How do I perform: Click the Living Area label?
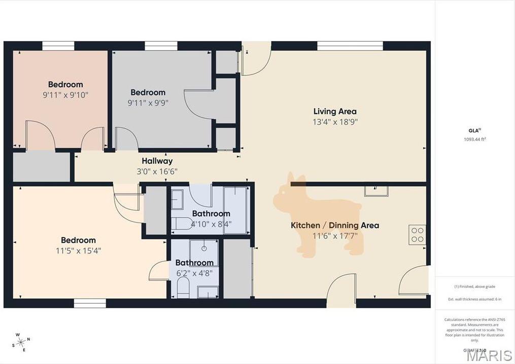pos(335,112)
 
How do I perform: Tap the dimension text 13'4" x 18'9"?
pos(335,122)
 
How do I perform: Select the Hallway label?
pos(157,161)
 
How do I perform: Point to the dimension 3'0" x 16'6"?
pos(157,171)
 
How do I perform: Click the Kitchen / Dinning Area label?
pos(335,225)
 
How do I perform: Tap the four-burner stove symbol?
pos(417,234)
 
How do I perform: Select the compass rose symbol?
pos(21,342)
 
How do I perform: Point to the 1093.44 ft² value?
pos(474,139)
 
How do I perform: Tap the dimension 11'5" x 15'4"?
pos(78,250)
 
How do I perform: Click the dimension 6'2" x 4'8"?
pos(194,273)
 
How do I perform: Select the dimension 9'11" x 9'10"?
pos(65,94)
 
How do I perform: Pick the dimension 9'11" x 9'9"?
pos(148,102)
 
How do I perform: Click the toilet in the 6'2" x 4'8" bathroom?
pos(183,289)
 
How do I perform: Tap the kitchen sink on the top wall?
pos(376,191)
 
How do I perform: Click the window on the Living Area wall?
pos(350,46)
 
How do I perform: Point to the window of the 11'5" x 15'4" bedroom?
pos(90,303)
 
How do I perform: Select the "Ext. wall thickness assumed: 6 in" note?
pos(474,299)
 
